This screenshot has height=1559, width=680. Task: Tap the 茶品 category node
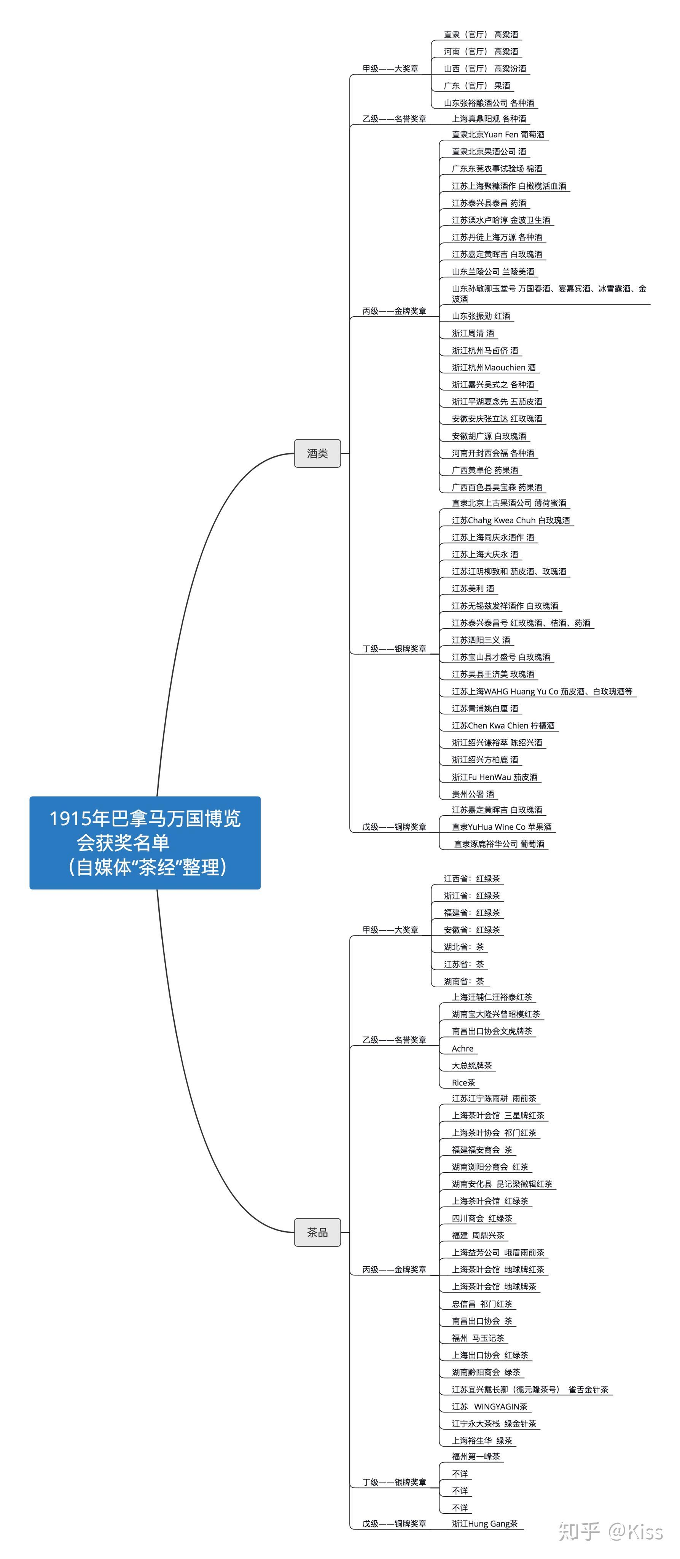coord(317,1232)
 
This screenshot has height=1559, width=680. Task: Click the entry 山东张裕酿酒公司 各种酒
coord(489,103)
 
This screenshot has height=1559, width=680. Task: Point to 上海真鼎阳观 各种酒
coord(489,119)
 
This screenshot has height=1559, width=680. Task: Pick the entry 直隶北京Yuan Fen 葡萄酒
coord(498,134)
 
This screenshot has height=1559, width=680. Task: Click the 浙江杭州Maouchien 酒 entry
coord(493,367)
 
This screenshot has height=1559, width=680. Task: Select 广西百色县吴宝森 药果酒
coord(497,487)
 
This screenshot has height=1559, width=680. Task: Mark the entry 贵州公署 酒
coord(473,794)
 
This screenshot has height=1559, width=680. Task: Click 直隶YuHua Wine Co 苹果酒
coord(502,827)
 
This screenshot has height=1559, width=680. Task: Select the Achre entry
coord(463,1049)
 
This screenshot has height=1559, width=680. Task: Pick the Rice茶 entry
coord(463,1083)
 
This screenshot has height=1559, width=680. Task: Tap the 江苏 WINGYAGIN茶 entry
coord(489,1406)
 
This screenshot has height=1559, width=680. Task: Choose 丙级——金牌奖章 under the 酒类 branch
coord(394,311)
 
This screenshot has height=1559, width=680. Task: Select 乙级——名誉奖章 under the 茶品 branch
coord(394,1040)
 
